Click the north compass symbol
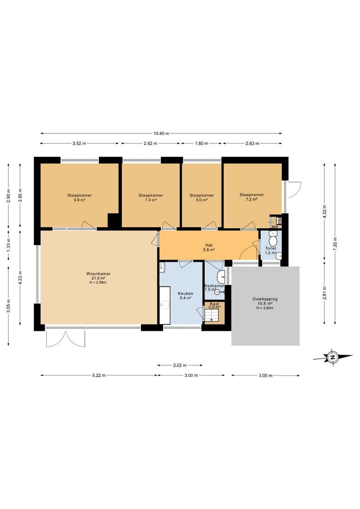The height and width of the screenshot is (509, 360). pyautogui.click(x=332, y=357)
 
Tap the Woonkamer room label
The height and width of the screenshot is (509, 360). pyautogui.click(x=98, y=274)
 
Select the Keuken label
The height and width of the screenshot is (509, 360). pyautogui.click(x=185, y=294)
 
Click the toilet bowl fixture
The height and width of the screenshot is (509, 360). pyautogui.click(x=273, y=241)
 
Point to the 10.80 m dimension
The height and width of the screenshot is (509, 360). pyautogui.click(x=161, y=133)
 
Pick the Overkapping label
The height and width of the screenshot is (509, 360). pyautogui.click(x=265, y=299)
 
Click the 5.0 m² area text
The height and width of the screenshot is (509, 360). pyautogui.click(x=202, y=200)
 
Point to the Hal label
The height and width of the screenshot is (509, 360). pyautogui.click(x=209, y=245)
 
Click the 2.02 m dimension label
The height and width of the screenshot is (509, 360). pyautogui.click(x=180, y=365)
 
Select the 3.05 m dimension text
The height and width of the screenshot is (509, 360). pyautogui.click(x=266, y=376)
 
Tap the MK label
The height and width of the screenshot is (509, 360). pyautogui.click(x=275, y=227)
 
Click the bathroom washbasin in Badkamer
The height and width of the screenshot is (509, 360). pyautogui.click(x=222, y=276)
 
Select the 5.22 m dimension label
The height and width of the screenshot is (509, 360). pyautogui.click(x=99, y=376)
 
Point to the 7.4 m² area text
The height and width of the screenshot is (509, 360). pyautogui.click(x=151, y=200)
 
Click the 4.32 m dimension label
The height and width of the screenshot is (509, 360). pyautogui.click(x=324, y=212)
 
